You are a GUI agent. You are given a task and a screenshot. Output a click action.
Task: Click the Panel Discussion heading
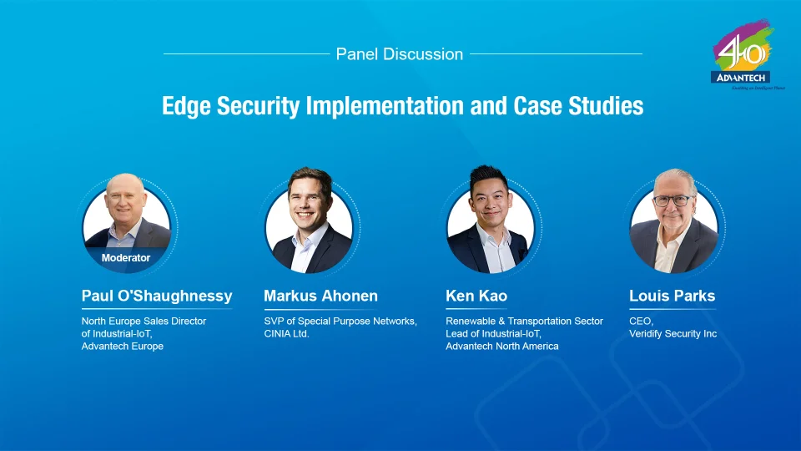(x=399, y=54)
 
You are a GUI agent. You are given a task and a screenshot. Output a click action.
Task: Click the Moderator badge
(x=126, y=258)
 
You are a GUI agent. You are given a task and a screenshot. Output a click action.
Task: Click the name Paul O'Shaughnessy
(x=157, y=296)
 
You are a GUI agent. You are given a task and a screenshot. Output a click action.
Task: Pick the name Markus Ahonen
(x=320, y=296)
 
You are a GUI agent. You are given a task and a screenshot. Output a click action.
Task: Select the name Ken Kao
(x=476, y=296)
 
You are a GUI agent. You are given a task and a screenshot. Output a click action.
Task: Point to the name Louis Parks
(x=672, y=296)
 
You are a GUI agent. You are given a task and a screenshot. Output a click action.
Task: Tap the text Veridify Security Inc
(x=673, y=334)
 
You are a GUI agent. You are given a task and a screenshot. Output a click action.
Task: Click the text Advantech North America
(x=502, y=347)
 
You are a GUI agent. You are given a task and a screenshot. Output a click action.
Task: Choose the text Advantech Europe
(x=122, y=347)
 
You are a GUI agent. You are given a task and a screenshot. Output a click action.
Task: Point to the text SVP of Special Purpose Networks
(x=340, y=322)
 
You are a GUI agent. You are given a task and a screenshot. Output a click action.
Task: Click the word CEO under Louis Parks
(x=641, y=322)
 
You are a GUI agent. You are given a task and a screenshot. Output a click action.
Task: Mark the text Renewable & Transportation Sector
(x=524, y=322)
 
